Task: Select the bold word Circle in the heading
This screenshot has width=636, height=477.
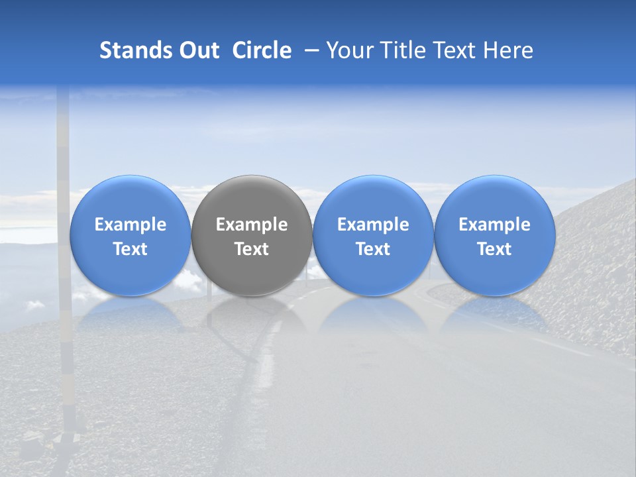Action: point(262,50)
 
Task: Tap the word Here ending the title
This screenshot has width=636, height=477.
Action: point(508,50)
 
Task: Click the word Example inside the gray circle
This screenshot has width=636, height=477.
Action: point(252,225)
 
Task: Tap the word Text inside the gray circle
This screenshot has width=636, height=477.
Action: point(252,249)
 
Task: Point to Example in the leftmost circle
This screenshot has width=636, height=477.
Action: point(130,225)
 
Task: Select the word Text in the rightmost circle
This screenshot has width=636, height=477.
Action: point(495,249)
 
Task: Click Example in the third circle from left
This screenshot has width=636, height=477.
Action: point(373,225)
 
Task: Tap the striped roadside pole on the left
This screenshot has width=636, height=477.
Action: point(64,265)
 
